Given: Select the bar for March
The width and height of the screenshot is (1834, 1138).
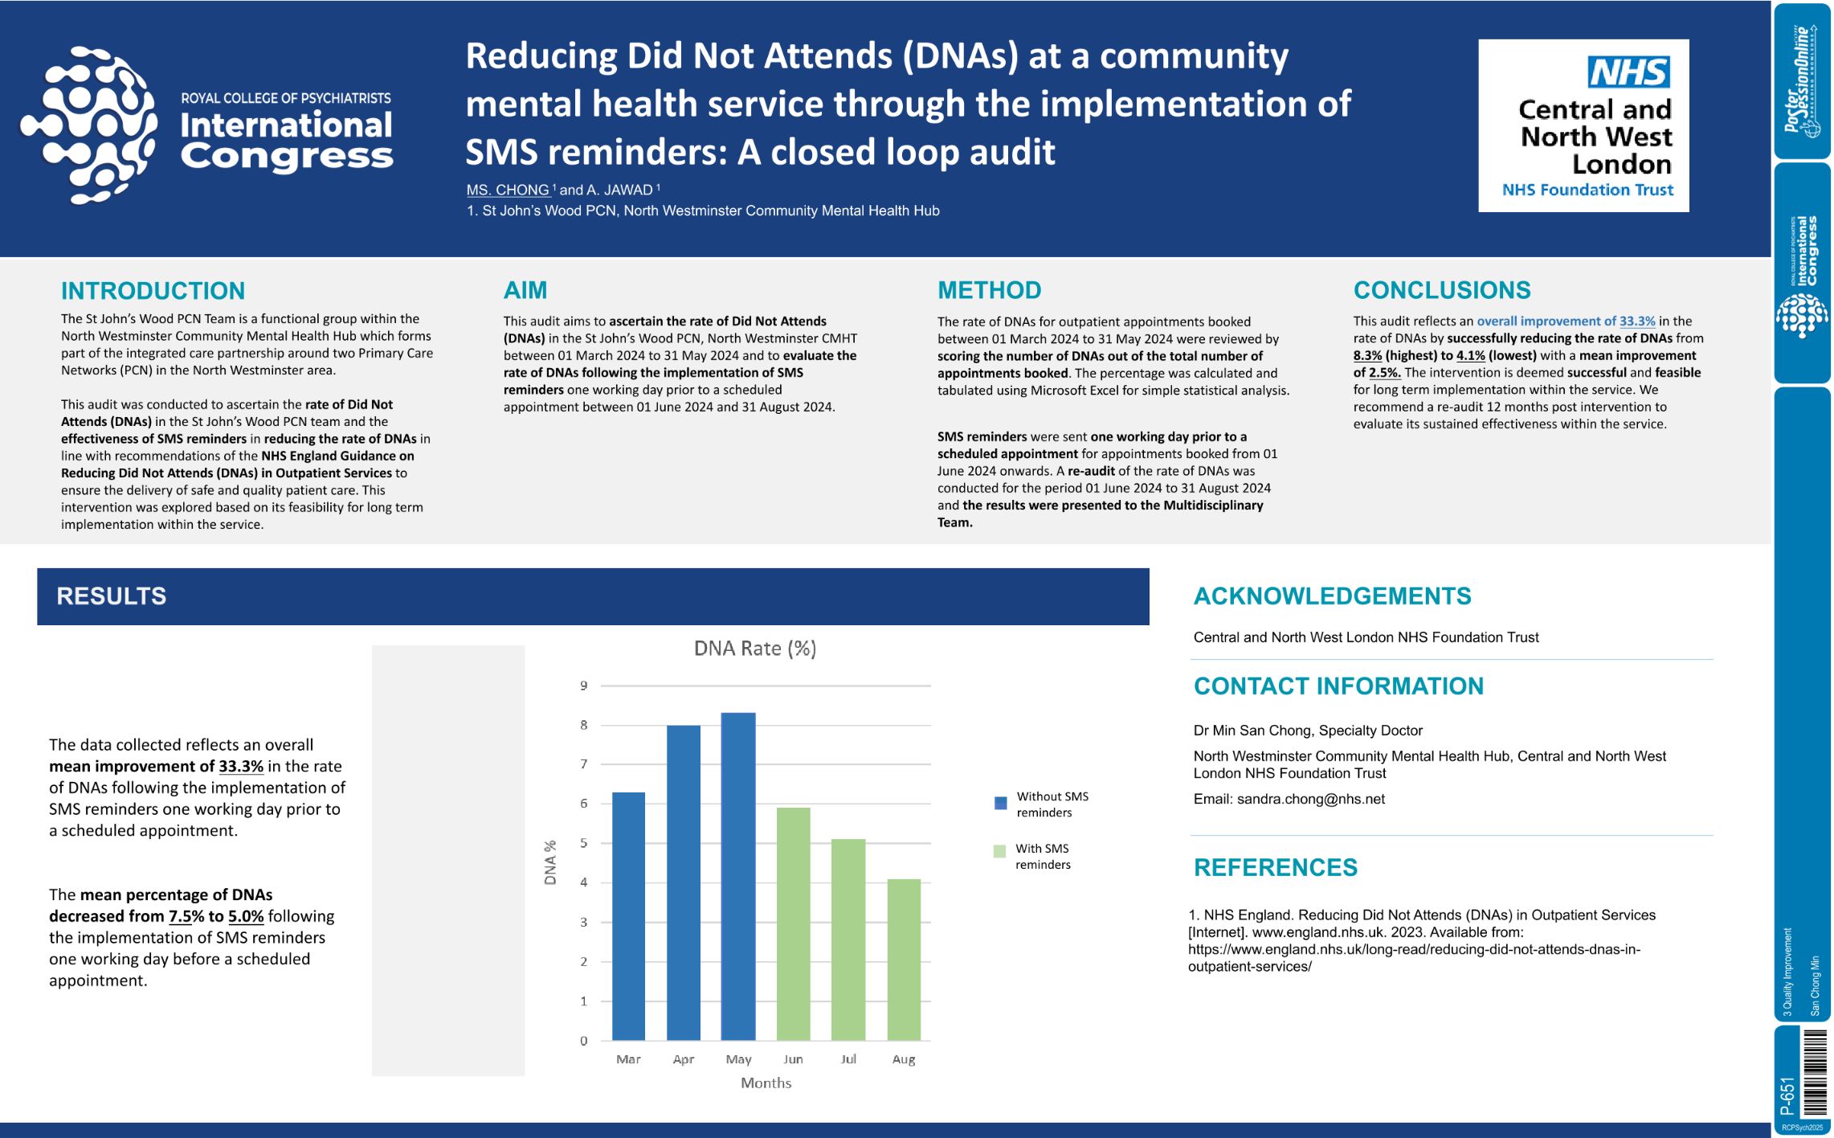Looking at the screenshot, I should point(628,916).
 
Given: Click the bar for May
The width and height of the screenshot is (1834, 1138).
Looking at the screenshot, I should point(738,876).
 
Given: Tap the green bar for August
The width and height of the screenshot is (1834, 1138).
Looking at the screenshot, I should point(904,960).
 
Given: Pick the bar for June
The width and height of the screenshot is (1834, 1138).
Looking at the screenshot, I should point(793,924).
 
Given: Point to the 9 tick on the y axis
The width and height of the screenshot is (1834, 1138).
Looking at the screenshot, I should point(584,686).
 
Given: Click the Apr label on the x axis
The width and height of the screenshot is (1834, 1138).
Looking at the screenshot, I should point(683,1059).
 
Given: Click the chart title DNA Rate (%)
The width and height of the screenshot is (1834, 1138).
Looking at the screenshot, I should point(754,649).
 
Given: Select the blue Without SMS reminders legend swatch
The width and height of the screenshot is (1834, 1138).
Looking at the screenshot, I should point(1000,803).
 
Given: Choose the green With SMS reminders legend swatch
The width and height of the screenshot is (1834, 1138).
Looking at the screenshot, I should point(999,851).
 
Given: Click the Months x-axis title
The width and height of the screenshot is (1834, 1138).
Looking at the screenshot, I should point(766,1083).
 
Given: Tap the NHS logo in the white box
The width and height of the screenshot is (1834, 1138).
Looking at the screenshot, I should point(1628,72).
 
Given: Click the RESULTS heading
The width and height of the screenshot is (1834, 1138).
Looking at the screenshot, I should point(112,596).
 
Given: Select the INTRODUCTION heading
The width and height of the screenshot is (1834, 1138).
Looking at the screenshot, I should point(153,291).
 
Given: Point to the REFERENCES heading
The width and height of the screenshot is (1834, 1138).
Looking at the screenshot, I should point(1275,868).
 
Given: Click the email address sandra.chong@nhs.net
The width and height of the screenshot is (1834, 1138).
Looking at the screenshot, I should point(1310,799).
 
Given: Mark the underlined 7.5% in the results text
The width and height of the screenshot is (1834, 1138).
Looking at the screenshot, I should point(186,916).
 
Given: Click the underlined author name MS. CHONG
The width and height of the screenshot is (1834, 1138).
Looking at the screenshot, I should point(508,190).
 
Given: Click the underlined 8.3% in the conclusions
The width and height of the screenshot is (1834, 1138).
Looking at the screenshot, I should point(1367,355).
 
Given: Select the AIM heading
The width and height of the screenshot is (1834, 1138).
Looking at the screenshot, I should point(525,290).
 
